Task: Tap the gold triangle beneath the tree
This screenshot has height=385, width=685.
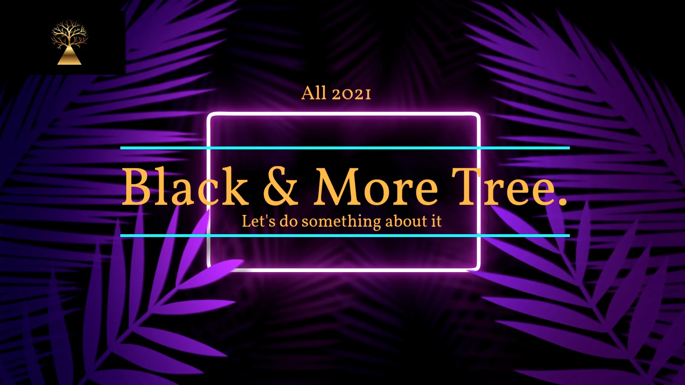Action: click(x=69, y=58)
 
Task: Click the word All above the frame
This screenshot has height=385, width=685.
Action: click(x=314, y=93)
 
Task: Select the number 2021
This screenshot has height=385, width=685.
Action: click(x=351, y=94)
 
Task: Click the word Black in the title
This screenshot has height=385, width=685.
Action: click(x=185, y=187)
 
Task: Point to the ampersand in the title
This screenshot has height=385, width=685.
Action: click(x=280, y=187)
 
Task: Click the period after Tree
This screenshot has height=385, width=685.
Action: click(x=563, y=202)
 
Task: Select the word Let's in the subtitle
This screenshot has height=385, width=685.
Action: click(x=258, y=221)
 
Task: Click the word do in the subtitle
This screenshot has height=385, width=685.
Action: click(x=288, y=221)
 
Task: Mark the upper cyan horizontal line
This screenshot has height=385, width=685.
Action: click(x=345, y=148)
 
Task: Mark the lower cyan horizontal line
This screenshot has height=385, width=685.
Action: click(x=345, y=236)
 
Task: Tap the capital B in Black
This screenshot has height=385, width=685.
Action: click(x=137, y=187)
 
